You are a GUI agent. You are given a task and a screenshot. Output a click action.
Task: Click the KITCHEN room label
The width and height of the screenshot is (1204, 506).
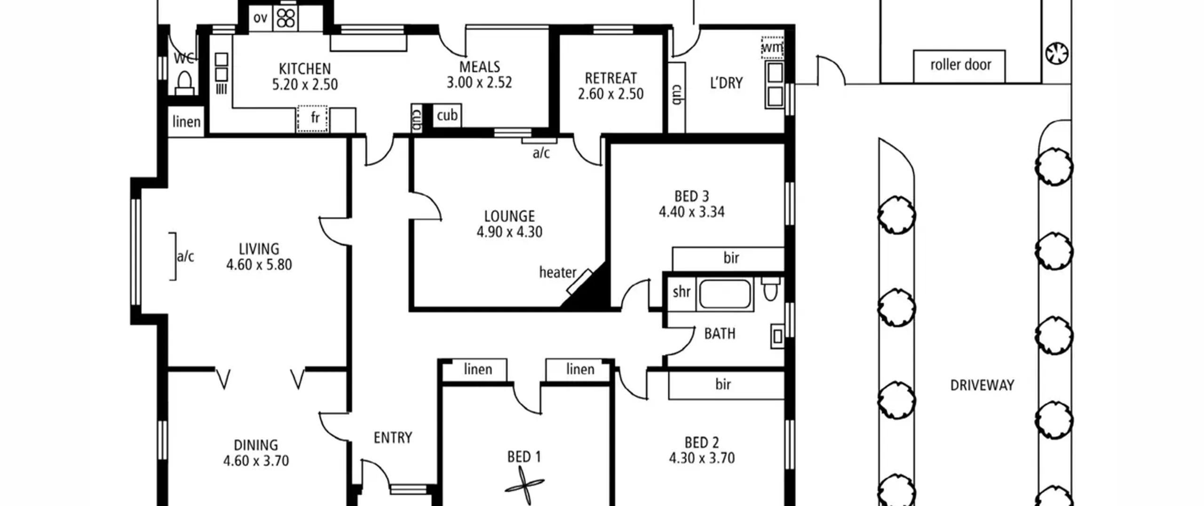tap(305, 69)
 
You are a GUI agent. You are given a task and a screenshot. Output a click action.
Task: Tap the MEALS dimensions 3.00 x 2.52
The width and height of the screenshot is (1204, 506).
tap(479, 83)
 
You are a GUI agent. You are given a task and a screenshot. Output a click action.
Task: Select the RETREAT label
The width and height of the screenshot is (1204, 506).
tap(610, 78)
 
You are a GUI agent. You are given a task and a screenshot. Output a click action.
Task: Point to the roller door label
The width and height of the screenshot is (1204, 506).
tap(960, 64)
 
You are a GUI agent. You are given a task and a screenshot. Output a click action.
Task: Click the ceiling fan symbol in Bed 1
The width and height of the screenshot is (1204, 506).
tap(524, 485)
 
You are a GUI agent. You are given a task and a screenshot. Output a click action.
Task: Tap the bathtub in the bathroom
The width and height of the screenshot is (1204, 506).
tap(725, 294)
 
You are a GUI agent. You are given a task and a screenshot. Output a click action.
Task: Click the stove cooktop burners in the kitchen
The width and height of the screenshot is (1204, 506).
tap(285, 18)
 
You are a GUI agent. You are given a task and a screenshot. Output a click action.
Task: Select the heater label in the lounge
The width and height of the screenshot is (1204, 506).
tap(557, 272)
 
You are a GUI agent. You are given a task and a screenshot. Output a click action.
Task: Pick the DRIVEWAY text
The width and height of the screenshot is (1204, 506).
tap(982, 386)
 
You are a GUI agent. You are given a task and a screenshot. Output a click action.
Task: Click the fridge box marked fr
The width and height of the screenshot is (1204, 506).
tap(313, 119)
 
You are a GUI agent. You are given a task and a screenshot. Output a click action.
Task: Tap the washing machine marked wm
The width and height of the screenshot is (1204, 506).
tap(772, 48)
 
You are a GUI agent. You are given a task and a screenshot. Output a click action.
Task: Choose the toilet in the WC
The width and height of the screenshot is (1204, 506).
tap(184, 83)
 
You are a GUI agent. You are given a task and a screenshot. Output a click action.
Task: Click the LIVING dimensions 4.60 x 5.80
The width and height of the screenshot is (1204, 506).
tap(259, 265)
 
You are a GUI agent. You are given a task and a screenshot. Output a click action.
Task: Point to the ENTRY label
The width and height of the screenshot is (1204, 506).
tap(393, 438)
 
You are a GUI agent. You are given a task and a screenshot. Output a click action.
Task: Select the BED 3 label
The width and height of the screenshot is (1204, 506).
tap(691, 196)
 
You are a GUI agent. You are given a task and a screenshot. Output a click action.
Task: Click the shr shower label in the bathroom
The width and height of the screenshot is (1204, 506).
tap(681, 292)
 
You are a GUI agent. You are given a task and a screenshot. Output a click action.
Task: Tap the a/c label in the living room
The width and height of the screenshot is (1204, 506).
tap(185, 257)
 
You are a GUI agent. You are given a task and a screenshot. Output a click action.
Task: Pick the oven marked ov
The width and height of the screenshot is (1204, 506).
tap(261, 18)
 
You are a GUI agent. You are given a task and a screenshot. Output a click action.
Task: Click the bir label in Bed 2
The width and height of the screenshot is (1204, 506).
tap(723, 385)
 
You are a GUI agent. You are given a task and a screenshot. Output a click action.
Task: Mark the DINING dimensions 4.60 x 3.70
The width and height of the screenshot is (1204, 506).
tap(256, 461)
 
